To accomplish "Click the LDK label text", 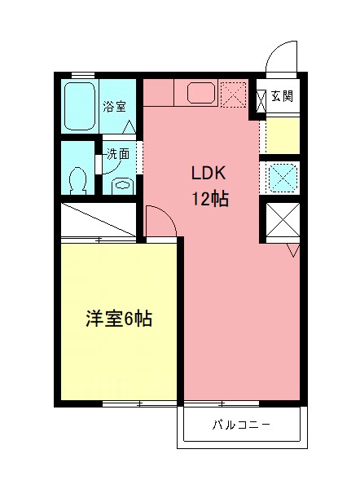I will click(213, 174).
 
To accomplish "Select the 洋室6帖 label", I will click(119, 319).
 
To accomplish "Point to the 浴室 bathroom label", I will click(114, 106).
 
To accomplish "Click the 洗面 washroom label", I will click(117, 153).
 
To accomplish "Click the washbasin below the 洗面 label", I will click(121, 184).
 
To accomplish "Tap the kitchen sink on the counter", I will click(200, 93).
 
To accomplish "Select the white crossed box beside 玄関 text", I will click(261, 99).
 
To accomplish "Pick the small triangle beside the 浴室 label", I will click(129, 126).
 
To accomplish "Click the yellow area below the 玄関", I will click(283, 135).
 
